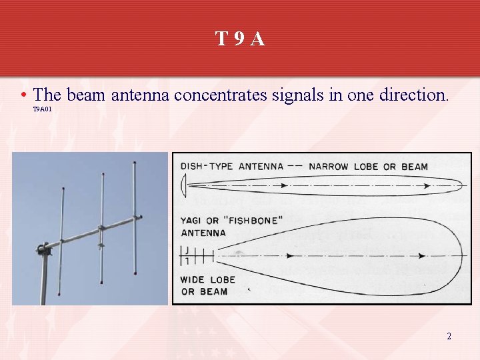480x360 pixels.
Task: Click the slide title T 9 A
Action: pyautogui.click(x=240, y=39)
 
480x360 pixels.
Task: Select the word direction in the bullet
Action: pyautogui.click(x=413, y=95)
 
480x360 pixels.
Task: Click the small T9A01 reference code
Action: pyautogui.click(x=42, y=109)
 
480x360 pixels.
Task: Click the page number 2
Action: pyautogui.click(x=449, y=336)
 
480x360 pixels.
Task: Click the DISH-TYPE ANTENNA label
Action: pyautogui.click(x=231, y=167)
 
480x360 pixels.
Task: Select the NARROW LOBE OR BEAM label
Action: pyautogui.click(x=368, y=167)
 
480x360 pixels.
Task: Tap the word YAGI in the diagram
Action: pyautogui.click(x=193, y=221)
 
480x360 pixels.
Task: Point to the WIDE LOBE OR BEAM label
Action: pyautogui.click(x=204, y=285)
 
